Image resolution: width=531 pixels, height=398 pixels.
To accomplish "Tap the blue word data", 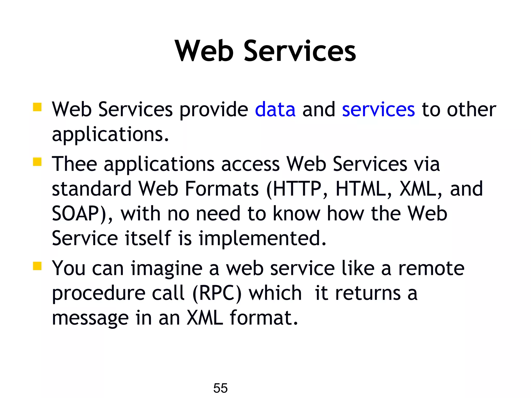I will (x=275, y=110).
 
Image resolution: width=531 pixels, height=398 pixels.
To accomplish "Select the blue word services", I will (x=378, y=110).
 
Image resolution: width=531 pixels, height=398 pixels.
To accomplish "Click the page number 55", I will (x=220, y=388).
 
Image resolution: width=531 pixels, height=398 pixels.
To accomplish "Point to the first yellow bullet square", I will (x=37, y=107).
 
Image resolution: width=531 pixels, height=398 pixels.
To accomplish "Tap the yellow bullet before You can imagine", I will (x=37, y=266).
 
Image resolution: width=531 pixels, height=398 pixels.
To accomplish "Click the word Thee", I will (x=74, y=164).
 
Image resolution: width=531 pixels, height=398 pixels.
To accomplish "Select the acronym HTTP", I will (x=297, y=189).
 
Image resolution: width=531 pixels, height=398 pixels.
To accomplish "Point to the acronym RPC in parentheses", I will (x=216, y=294).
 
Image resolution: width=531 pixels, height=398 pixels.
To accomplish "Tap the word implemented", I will (x=262, y=238).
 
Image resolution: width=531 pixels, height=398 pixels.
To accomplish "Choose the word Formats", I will (x=222, y=189).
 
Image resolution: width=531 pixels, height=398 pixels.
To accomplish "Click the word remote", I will (x=431, y=268).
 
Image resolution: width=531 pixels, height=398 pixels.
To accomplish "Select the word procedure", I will (x=99, y=294).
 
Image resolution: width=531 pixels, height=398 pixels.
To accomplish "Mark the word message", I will (x=90, y=318).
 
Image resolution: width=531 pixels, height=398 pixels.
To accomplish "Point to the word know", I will (x=297, y=214).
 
